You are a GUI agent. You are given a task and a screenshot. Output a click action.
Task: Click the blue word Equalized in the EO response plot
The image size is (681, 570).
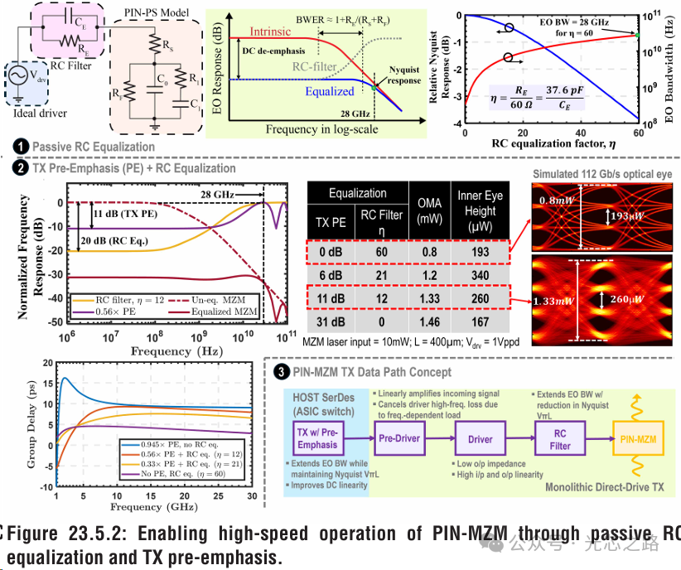[x=330, y=91]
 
